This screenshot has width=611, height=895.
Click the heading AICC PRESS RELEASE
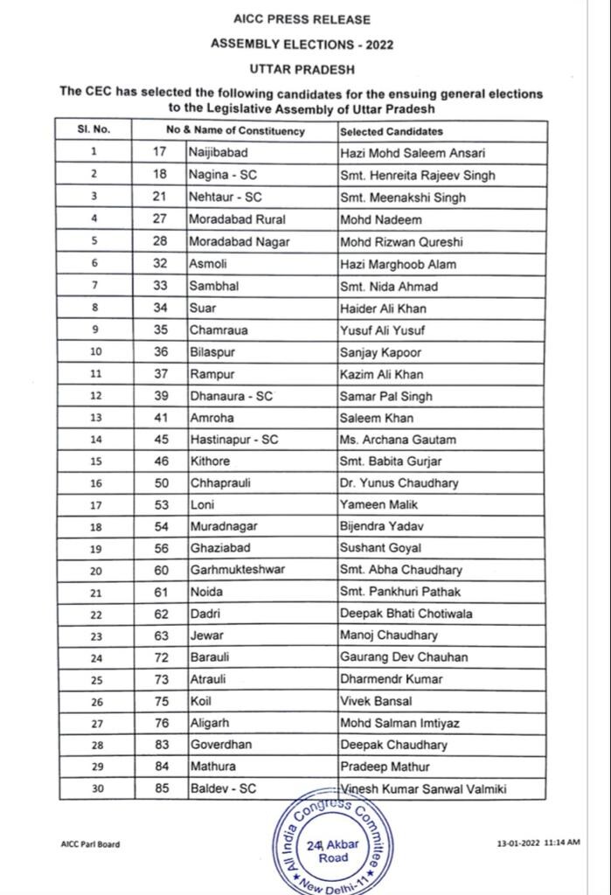302,19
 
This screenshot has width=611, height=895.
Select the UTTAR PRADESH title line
302,66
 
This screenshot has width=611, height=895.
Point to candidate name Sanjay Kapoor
380,352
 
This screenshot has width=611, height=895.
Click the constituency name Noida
206,592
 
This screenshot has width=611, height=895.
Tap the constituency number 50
159,482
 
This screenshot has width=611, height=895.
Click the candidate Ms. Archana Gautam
398,440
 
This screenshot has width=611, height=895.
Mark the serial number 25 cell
94,679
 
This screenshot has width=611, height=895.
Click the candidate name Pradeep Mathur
384,767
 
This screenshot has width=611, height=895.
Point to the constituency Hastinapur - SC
233,440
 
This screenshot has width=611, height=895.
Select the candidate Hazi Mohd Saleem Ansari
412,153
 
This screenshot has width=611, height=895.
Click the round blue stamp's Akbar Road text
333,850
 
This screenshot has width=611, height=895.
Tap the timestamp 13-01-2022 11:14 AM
538,843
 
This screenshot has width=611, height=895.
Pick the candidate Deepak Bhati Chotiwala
406,614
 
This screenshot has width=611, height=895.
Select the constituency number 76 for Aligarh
159,723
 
